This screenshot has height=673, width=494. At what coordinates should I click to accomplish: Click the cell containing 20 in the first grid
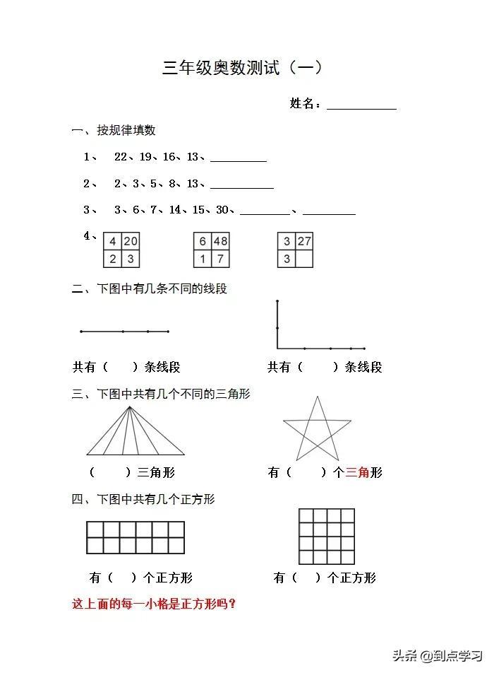click(131, 242)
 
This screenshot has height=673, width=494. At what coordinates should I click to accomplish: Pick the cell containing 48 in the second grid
click(220, 242)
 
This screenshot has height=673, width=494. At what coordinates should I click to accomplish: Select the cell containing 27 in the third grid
click(304, 242)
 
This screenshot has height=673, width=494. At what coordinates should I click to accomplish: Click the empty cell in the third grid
click(304, 259)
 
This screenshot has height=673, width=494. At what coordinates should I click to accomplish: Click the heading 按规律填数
click(126, 130)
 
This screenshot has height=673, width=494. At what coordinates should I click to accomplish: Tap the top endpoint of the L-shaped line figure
click(277, 302)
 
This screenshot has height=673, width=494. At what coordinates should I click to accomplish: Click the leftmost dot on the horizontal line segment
click(81, 331)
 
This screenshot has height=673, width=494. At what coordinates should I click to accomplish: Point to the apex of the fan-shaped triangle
click(130, 407)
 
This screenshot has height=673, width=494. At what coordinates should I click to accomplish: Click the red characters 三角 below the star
click(357, 473)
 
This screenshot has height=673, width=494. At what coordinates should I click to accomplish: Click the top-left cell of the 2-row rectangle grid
click(95, 529)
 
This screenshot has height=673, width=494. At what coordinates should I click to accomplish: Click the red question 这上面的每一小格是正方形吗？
click(154, 604)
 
